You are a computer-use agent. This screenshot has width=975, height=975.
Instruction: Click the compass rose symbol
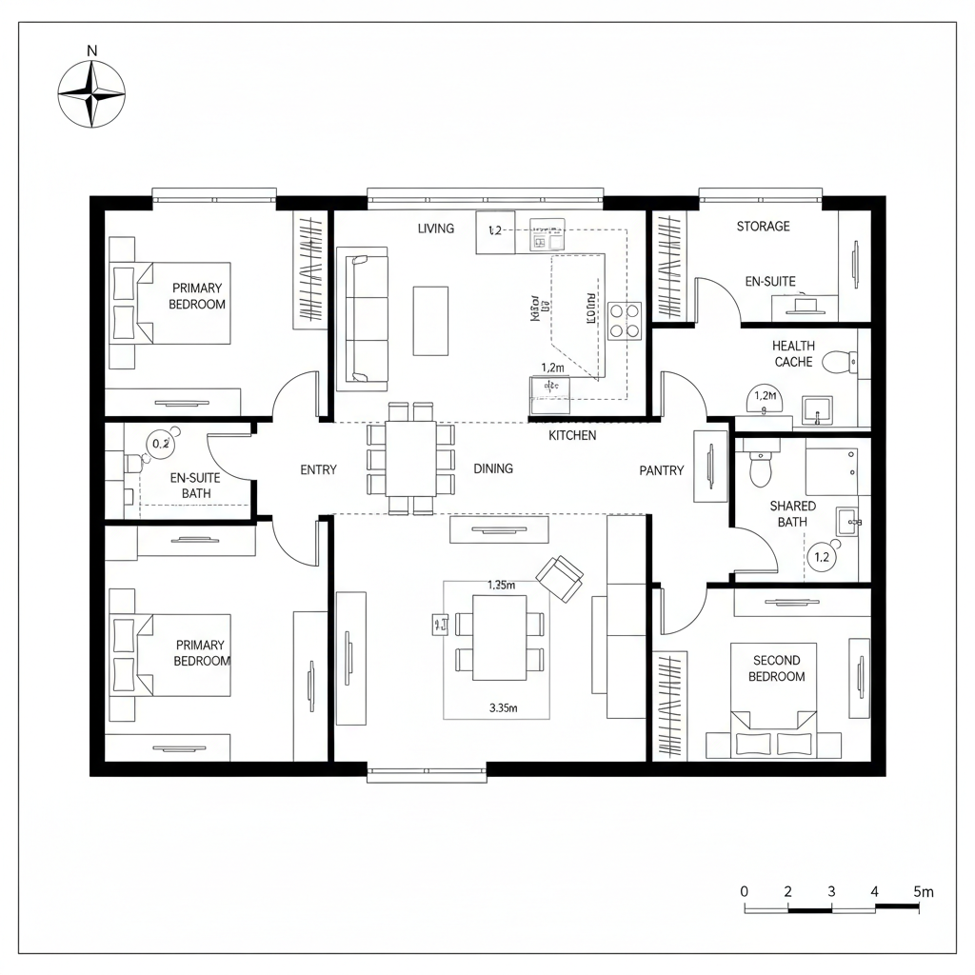(91, 94)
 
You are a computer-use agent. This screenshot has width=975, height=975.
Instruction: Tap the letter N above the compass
(91, 50)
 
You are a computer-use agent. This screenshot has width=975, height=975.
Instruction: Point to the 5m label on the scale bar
(923, 891)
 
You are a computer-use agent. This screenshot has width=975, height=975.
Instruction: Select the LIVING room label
(436, 229)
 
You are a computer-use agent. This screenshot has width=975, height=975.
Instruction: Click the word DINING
(493, 468)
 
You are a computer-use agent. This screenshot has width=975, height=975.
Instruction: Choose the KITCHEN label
(572, 435)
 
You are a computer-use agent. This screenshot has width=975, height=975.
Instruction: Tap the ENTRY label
(318, 469)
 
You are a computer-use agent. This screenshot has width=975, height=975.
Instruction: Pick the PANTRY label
(661, 470)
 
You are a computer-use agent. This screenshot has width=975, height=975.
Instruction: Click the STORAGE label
(763, 227)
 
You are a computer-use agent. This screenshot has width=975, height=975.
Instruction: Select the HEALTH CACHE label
(793, 354)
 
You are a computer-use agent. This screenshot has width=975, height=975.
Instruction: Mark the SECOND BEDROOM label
(776, 668)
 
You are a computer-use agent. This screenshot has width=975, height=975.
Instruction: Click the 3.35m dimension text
(502, 707)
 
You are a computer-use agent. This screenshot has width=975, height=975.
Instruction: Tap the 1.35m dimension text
(501, 586)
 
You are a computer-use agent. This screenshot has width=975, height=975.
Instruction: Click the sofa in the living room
(368, 320)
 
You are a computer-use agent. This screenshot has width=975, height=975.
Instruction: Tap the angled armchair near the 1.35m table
(560, 578)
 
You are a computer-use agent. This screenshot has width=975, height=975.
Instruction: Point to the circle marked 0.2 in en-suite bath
(161, 443)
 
